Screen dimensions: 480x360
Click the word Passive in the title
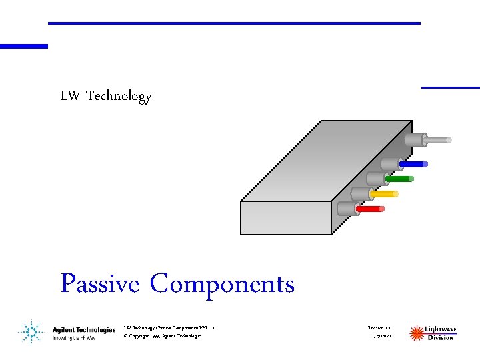(x=100, y=284)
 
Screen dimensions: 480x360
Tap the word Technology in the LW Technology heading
(x=119, y=96)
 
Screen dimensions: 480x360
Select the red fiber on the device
(x=371, y=209)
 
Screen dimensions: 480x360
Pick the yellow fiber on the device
(x=385, y=194)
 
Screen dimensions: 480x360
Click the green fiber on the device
(x=400, y=179)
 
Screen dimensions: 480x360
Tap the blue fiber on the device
(x=414, y=163)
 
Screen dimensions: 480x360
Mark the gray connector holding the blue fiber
(x=391, y=163)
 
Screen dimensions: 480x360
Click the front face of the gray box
(x=286, y=217)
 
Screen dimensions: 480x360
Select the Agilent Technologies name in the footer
(x=84, y=329)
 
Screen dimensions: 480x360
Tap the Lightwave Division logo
(x=433, y=332)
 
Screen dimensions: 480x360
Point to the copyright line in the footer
(x=163, y=336)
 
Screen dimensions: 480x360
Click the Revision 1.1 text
(x=380, y=327)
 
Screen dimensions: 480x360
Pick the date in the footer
(x=380, y=337)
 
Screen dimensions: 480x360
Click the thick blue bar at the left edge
(x=24, y=46)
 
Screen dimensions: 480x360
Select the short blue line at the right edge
(x=451, y=87)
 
